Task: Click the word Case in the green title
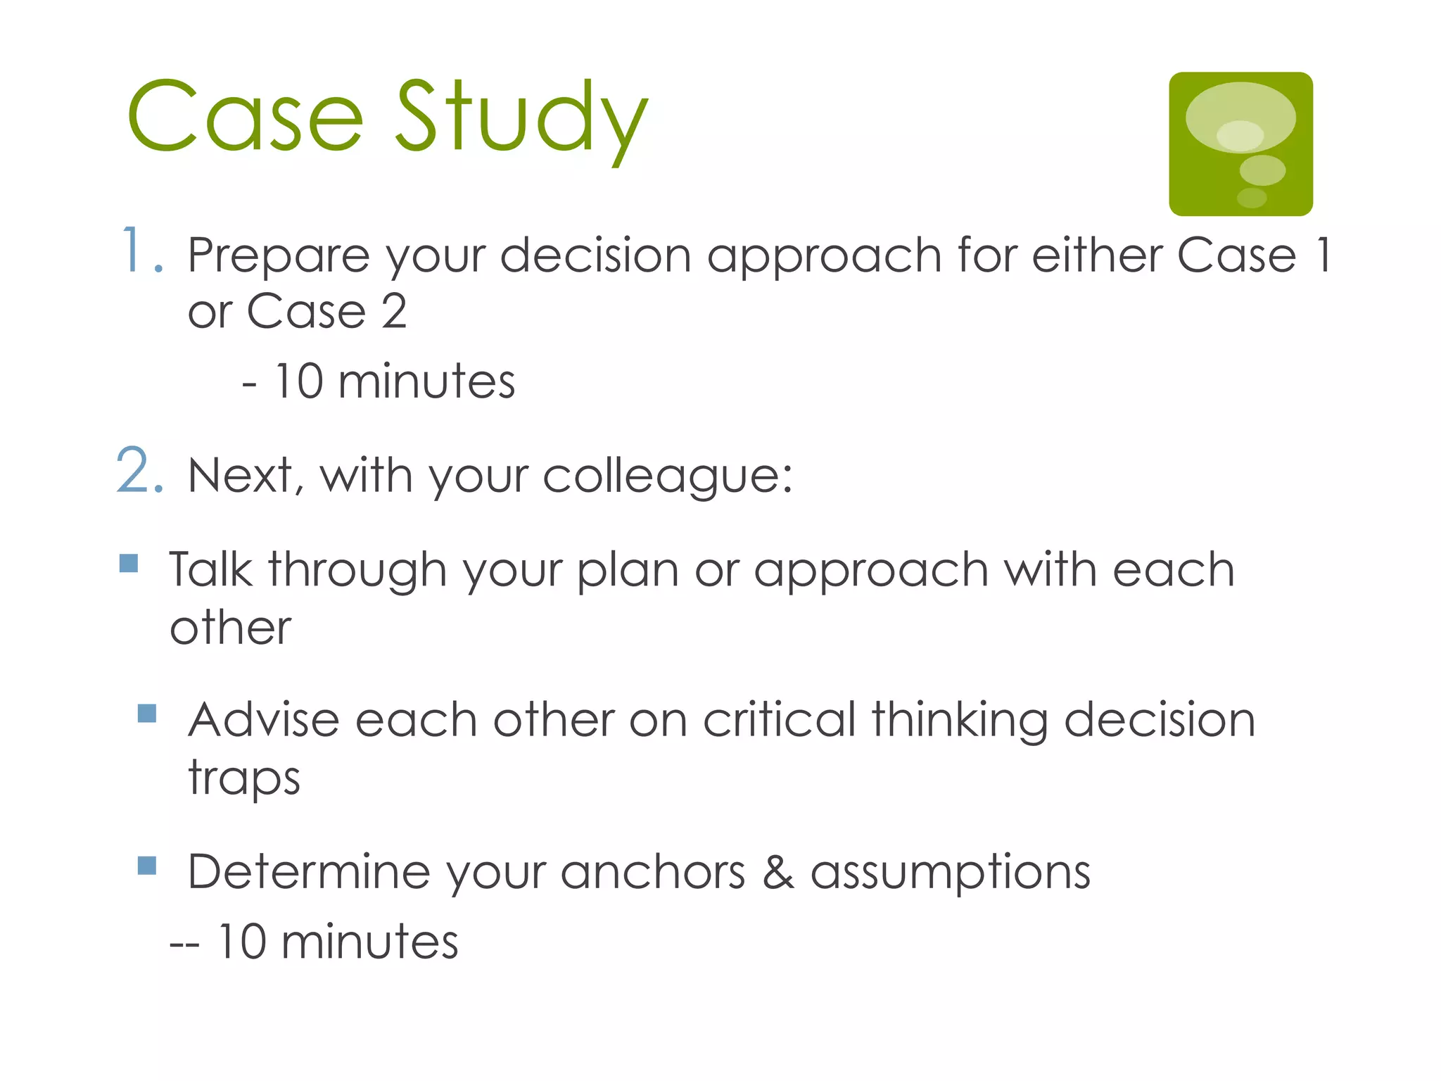tap(245, 118)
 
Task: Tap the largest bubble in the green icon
tap(1240, 118)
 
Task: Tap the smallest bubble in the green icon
tap(1252, 198)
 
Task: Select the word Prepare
tap(279, 256)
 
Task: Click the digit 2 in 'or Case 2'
tap(394, 311)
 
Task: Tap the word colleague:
tap(667, 477)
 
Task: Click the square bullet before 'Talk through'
tap(129, 563)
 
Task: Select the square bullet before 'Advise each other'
tap(147, 714)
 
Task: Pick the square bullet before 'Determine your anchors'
tap(147, 865)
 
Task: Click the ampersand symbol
tap(778, 872)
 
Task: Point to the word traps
tap(244, 778)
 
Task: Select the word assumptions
tap(950, 873)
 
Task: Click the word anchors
tap(652, 872)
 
